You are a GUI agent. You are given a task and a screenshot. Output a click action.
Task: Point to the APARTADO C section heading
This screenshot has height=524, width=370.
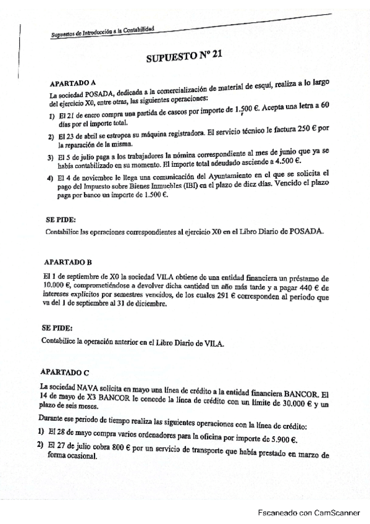click(x=65, y=373)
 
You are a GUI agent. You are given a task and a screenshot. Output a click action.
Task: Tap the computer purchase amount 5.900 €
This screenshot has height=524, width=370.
click(x=280, y=440)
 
